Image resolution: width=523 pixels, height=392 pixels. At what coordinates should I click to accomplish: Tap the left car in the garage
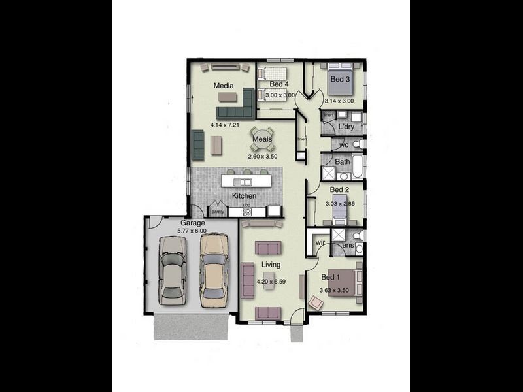coord(173,269)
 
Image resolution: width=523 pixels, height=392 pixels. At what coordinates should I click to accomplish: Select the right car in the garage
coord(214,269)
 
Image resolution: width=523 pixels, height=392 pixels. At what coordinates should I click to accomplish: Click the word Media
coord(224,86)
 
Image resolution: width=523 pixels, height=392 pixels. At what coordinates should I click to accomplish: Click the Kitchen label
coord(244,196)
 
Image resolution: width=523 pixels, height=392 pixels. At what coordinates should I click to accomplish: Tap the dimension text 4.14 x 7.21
coord(224,124)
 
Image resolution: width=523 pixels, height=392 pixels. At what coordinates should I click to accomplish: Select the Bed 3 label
coord(340,80)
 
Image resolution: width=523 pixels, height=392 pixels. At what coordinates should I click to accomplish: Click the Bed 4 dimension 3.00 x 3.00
coord(280,95)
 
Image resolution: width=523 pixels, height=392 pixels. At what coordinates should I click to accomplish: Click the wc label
coord(343,144)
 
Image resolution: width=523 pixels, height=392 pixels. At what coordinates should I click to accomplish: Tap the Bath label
coord(342,161)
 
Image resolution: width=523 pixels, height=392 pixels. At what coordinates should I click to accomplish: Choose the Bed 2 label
coord(339,189)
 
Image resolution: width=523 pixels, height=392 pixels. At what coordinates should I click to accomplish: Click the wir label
coord(320,242)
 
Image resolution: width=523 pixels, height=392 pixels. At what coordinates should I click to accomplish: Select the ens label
coord(348,246)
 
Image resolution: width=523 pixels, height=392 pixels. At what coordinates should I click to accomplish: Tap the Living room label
coord(271,265)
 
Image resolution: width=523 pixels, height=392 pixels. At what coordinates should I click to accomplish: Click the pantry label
coord(217,210)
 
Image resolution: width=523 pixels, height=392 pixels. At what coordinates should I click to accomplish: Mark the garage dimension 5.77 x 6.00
coord(192,231)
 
